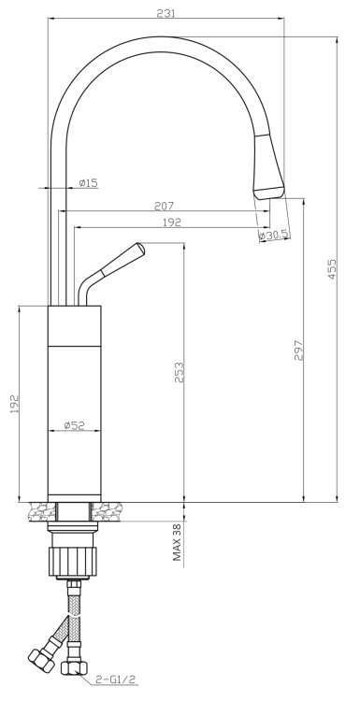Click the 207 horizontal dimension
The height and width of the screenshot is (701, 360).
(x=165, y=206)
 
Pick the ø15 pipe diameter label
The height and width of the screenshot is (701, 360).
(x=88, y=183)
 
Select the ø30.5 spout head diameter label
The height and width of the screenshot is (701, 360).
(x=272, y=236)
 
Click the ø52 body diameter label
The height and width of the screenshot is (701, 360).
(x=75, y=425)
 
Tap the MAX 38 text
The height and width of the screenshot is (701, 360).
(x=176, y=542)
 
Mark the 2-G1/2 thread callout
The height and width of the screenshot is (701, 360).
(x=115, y=680)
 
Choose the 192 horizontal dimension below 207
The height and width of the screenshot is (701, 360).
(x=171, y=222)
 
